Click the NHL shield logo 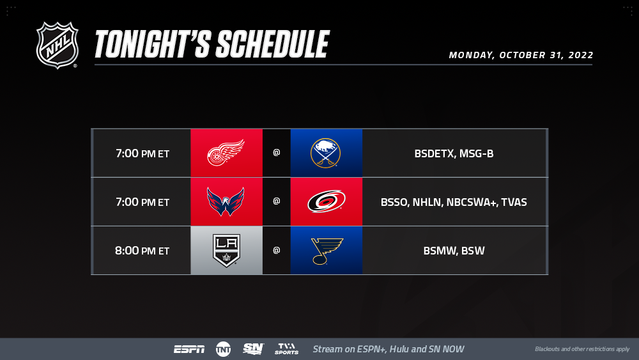click(57, 45)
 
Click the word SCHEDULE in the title click(272, 44)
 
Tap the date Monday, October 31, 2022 click(521, 55)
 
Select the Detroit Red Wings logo click(226, 153)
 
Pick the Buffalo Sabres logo click(326, 153)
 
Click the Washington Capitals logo click(226, 201)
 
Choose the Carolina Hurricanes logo click(327, 201)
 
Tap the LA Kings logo click(227, 250)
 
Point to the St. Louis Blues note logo click(327, 251)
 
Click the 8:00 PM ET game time click(142, 251)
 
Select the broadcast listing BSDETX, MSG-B click(454, 153)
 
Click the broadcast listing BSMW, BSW click(454, 251)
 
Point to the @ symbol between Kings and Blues click(276, 250)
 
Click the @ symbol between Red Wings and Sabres click(276, 152)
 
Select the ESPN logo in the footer click(190, 349)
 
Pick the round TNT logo click(223, 349)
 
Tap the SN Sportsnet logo click(254, 349)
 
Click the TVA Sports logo click(286, 349)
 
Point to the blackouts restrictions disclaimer click(582, 349)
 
